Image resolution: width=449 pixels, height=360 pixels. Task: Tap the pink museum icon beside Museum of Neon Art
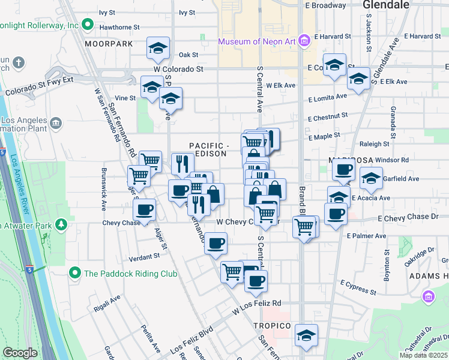click(x=304, y=41)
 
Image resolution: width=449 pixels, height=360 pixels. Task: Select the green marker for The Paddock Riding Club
click(x=74, y=273)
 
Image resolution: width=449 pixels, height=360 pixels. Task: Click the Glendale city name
click(x=386, y=5)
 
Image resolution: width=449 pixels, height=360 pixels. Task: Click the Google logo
click(x=20, y=353)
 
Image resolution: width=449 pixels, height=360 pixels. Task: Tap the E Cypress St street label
click(x=358, y=287)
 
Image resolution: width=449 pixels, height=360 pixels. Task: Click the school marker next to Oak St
click(x=158, y=49)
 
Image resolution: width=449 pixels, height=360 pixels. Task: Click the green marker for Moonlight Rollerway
click(x=88, y=25)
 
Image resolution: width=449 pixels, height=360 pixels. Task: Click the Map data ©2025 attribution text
click(x=423, y=355)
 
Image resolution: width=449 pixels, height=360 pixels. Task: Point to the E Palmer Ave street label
click(x=367, y=236)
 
